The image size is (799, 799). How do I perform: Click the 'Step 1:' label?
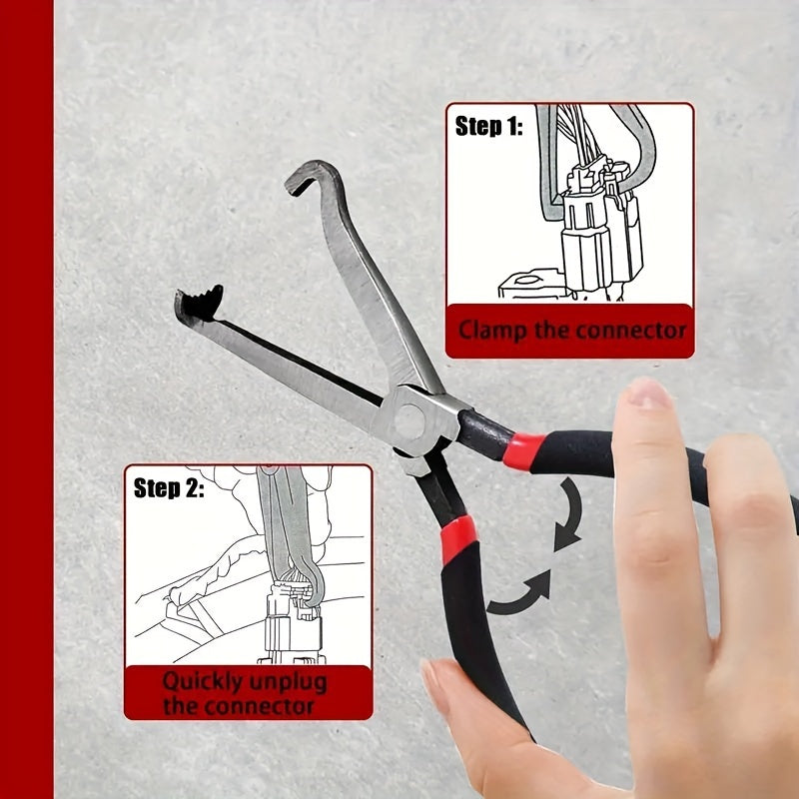pyautogui.click(x=488, y=127)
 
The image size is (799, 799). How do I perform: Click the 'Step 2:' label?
pyautogui.click(x=169, y=488)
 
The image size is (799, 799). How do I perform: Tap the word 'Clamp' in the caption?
pyautogui.click(x=492, y=330)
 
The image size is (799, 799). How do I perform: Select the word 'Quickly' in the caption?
pyautogui.click(x=205, y=683)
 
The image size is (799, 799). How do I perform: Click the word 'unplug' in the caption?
pyautogui.click(x=289, y=683)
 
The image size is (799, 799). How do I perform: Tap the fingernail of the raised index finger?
pyautogui.click(x=649, y=394)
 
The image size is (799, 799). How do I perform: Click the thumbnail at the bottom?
pyautogui.click(x=437, y=688)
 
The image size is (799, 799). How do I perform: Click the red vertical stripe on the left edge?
pyautogui.click(x=26, y=399)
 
